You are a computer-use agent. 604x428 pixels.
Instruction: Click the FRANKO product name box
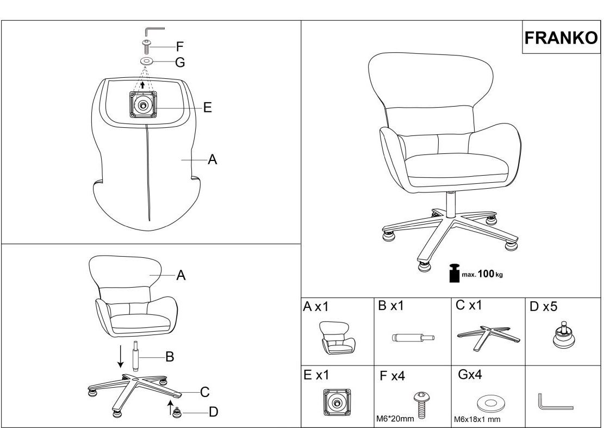pos(561,38)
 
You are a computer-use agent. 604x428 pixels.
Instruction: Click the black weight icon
pos(454,273)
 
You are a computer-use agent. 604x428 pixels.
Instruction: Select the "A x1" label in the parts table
pos(316,307)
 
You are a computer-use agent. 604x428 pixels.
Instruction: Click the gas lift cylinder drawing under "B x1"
pos(413,338)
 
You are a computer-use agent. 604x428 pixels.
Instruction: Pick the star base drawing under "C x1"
pos(488,338)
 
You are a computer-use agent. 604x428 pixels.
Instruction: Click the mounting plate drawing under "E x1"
pos(337,402)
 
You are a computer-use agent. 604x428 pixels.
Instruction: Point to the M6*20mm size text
pos(395,418)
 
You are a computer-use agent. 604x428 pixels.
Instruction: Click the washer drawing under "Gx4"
pos(490,404)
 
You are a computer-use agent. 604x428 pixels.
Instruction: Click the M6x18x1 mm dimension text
pos(477,419)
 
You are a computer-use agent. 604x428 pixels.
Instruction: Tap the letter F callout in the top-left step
pos(179,47)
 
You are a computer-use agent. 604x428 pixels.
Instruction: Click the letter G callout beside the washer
pos(180,63)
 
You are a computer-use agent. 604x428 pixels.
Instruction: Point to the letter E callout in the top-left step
pos(207,108)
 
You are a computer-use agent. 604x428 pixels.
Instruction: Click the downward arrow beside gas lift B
pos(121,356)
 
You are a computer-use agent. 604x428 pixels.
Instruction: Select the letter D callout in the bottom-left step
pos(214,412)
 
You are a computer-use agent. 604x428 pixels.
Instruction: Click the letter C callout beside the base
pos(205,392)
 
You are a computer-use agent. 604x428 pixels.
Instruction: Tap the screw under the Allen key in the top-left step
pos(146,46)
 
